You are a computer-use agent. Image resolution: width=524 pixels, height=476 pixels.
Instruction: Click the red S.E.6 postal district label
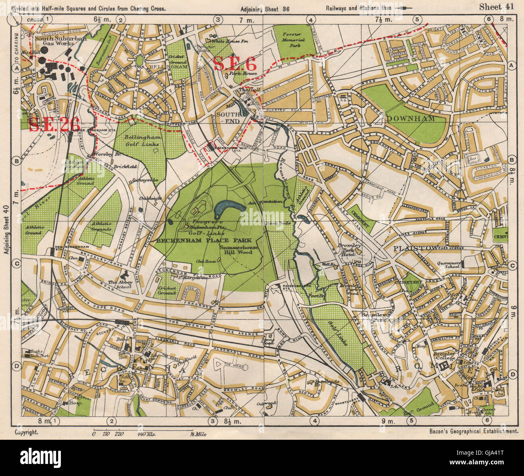pyautogui.click(x=234, y=64)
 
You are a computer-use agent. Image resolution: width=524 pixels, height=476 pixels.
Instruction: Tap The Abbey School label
pyautogui.click(x=120, y=285)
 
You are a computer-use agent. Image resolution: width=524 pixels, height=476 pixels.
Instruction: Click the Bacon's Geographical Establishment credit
pyautogui.click(x=471, y=431)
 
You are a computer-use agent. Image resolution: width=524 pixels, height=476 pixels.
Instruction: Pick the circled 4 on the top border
pyautogui.click(x=311, y=19)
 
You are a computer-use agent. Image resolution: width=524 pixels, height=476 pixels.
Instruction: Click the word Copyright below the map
pyautogui.click(x=27, y=431)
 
